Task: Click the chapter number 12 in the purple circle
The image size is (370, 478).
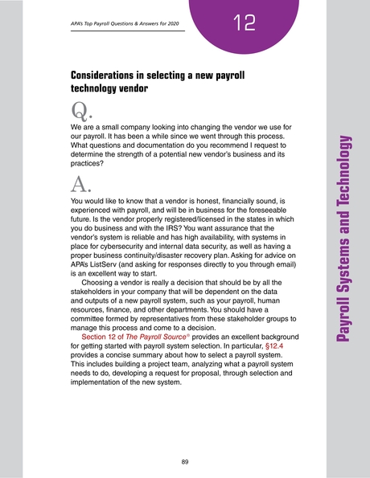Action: pos(240,22)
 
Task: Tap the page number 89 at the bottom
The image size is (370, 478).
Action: pos(185,461)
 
